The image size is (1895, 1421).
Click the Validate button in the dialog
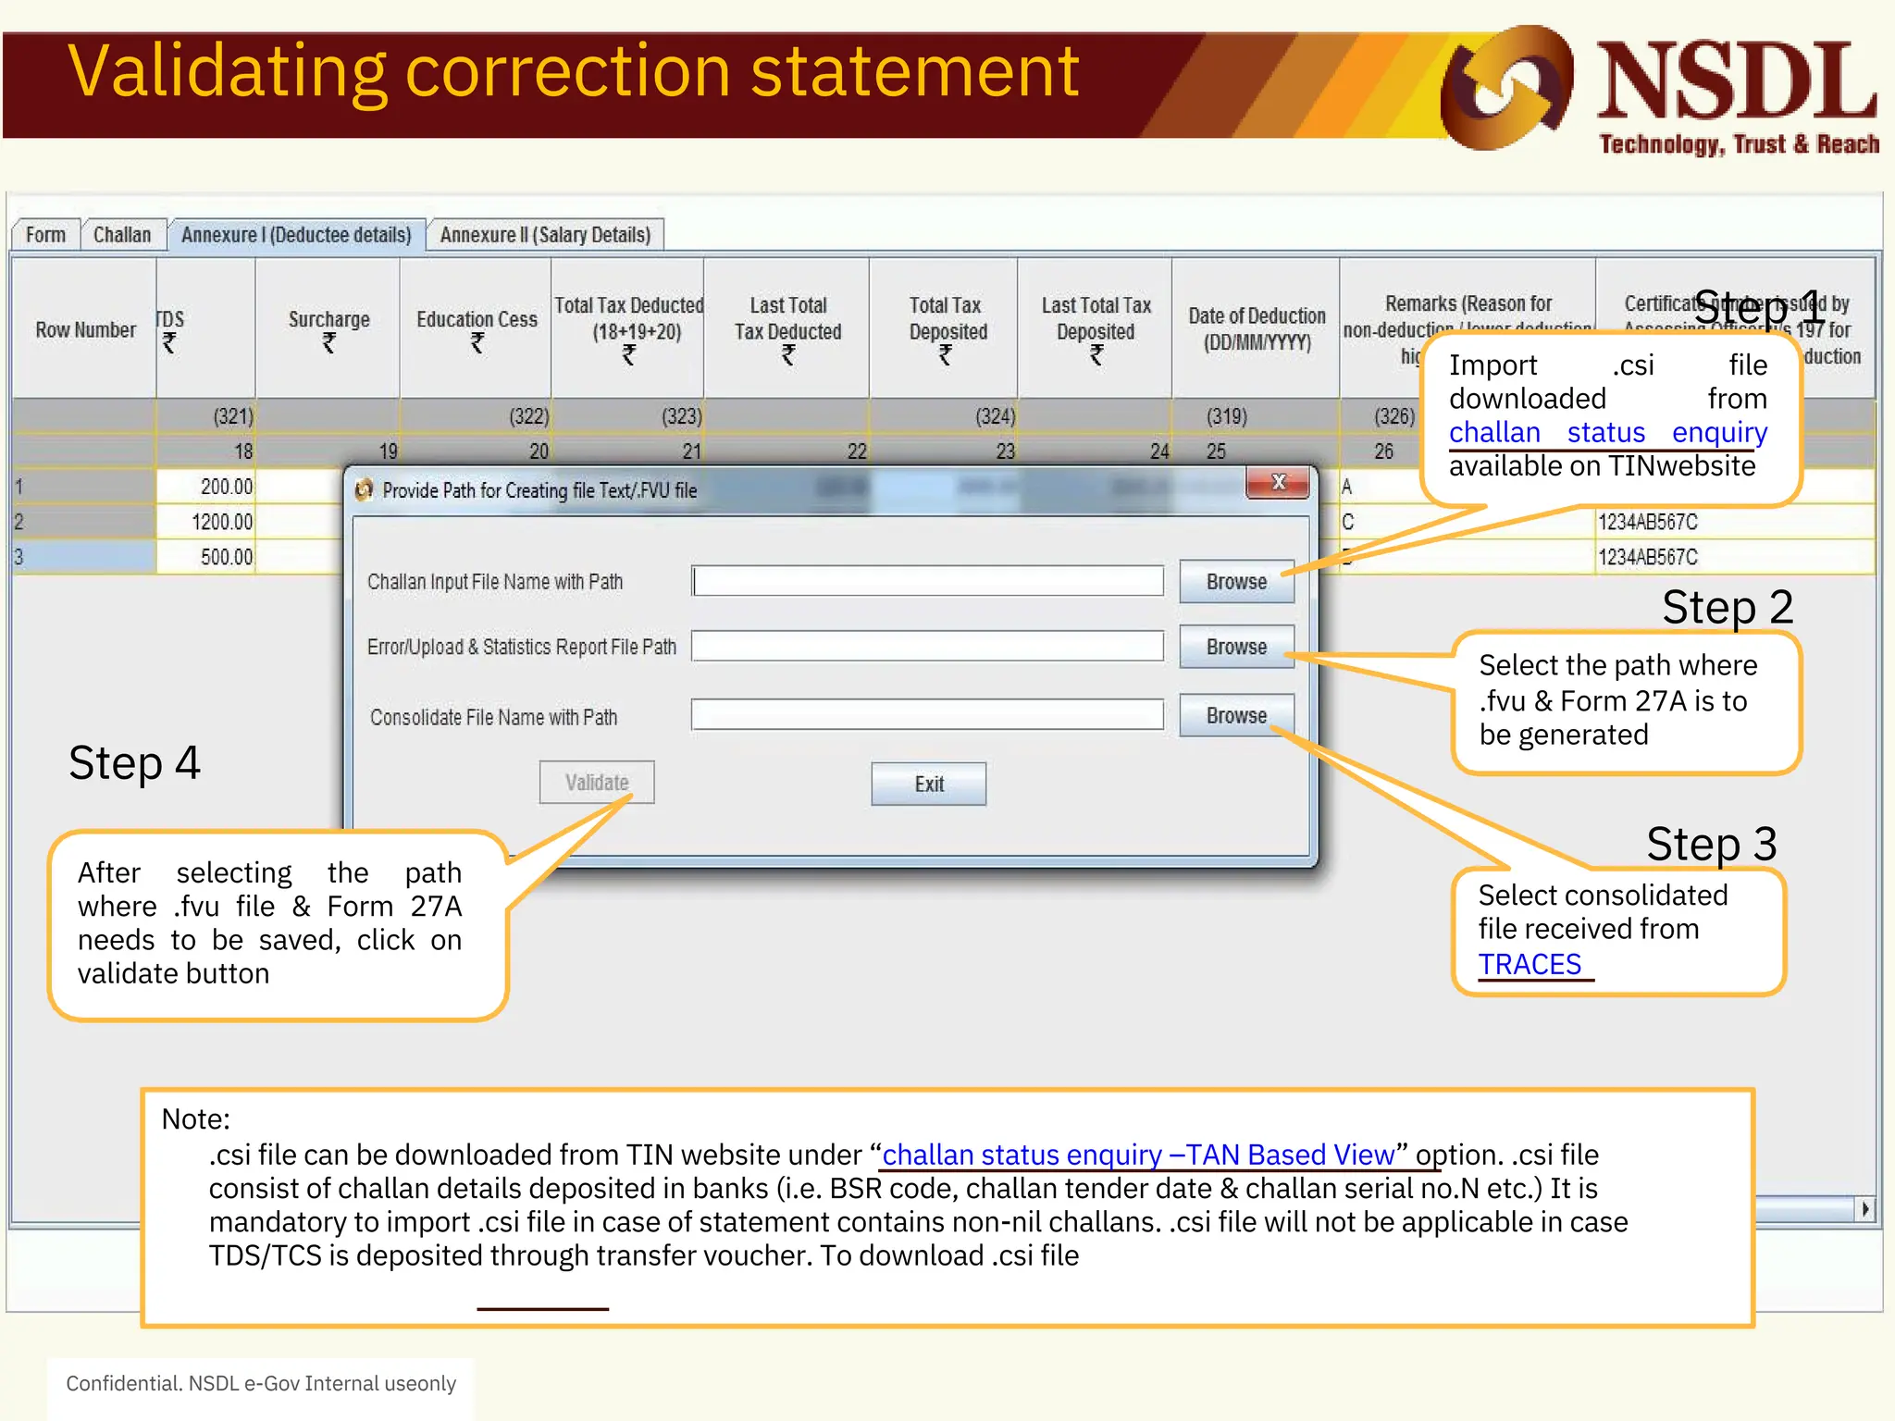pyautogui.click(x=597, y=783)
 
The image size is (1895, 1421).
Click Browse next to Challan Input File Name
pyautogui.click(x=1236, y=582)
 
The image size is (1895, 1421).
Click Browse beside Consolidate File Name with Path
pyautogui.click(x=1236, y=715)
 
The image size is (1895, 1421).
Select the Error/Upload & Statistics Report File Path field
pyautogui.click(x=927, y=647)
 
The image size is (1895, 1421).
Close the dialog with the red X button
pyautogui.click(x=1278, y=482)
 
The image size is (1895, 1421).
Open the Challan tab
pyautogui.click(x=122, y=235)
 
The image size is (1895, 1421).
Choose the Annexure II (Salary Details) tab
pyautogui.click(x=545, y=235)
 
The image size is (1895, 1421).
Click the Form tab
pyautogui.click(x=45, y=235)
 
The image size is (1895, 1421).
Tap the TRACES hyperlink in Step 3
pyautogui.click(x=1530, y=964)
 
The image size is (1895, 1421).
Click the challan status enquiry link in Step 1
pyautogui.click(x=1607, y=432)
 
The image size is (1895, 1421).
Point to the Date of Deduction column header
pyautogui.click(x=1256, y=329)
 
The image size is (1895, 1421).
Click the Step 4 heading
pyautogui.click(x=135, y=763)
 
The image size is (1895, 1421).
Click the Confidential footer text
pyautogui.click(x=261, y=1383)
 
